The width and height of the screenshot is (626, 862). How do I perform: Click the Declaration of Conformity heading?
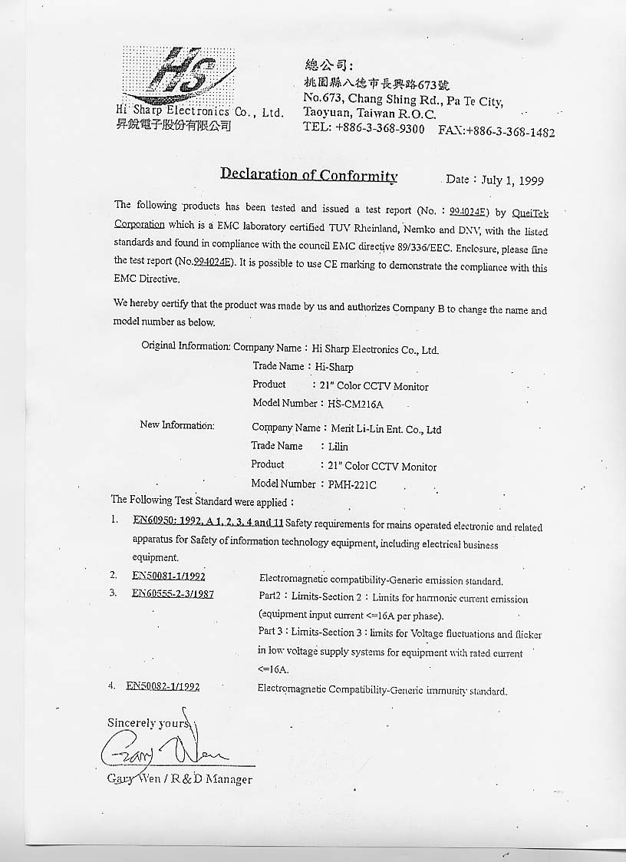(x=308, y=174)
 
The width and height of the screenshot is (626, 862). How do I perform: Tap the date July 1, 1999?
(x=512, y=180)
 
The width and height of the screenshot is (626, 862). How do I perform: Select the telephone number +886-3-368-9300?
(x=380, y=129)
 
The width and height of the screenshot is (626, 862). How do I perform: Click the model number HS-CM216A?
(x=359, y=404)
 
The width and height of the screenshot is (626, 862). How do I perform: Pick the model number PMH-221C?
(x=349, y=484)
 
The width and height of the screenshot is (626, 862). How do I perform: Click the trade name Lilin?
(x=338, y=447)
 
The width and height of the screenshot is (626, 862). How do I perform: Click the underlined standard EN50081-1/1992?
(x=168, y=576)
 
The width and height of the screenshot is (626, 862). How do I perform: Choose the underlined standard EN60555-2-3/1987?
(x=173, y=593)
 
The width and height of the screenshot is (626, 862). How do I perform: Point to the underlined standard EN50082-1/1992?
(x=163, y=687)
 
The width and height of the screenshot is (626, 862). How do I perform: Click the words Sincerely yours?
(x=148, y=723)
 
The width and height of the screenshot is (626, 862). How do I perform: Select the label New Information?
(x=177, y=425)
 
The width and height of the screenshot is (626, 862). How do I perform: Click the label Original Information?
(x=185, y=346)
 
